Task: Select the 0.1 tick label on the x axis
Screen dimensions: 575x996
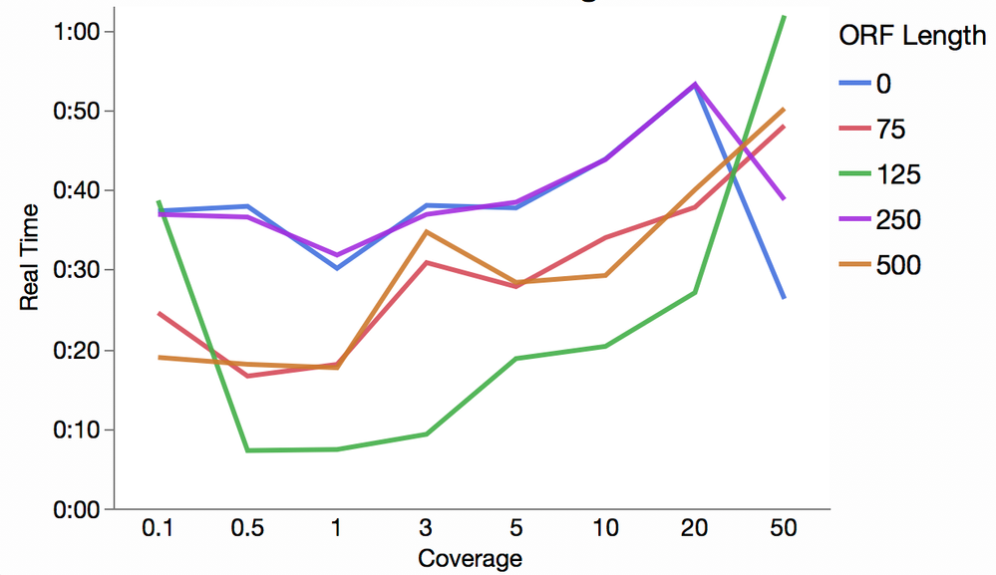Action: pyautogui.click(x=158, y=529)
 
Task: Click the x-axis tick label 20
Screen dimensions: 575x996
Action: pyautogui.click(x=694, y=529)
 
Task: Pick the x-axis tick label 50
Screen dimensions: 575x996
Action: pyautogui.click(x=784, y=529)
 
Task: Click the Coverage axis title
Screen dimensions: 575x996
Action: pyautogui.click(x=470, y=558)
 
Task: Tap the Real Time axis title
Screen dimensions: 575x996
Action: pyautogui.click(x=30, y=257)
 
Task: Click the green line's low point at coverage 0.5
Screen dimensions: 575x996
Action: pyautogui.click(x=246, y=450)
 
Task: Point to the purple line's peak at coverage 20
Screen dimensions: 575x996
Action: pyautogui.click(x=695, y=84)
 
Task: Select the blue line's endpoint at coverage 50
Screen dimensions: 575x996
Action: pyautogui.click(x=784, y=297)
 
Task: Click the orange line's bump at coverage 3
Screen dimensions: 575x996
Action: pyautogui.click(x=427, y=231)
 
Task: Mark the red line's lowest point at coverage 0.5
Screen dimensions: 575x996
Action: pyautogui.click(x=246, y=376)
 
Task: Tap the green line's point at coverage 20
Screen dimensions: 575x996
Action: pyautogui.click(x=695, y=293)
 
